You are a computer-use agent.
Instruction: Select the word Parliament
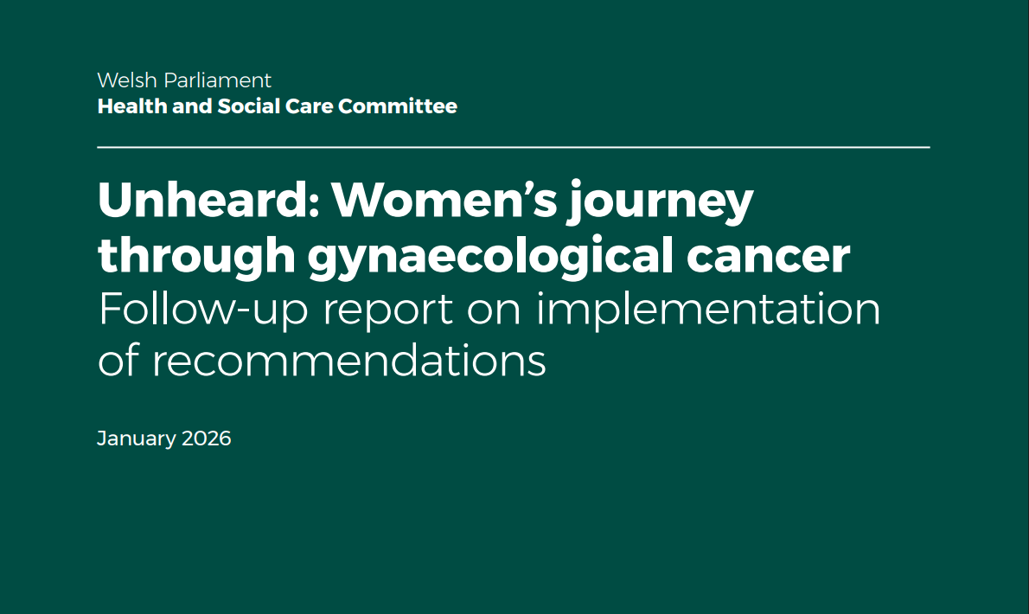[217, 80]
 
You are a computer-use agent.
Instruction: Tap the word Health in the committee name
[132, 106]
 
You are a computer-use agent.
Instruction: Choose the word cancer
[769, 257]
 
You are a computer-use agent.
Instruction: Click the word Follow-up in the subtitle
[203, 309]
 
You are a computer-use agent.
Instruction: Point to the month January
[136, 438]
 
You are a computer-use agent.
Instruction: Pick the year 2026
[206, 438]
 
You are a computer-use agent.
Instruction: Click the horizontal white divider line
[513, 148]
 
